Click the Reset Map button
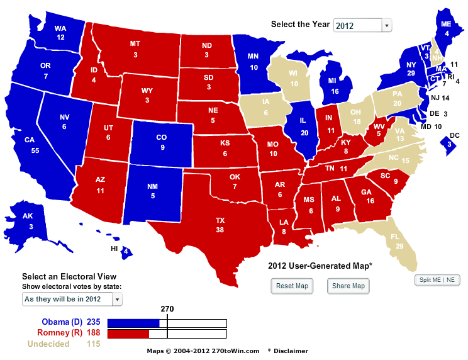click(292, 286)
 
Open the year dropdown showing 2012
click(362, 25)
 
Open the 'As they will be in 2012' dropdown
click(72, 299)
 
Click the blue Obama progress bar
click(133, 323)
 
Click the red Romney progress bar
click(128, 334)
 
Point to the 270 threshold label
click(167, 309)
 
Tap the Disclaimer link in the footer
click(291, 351)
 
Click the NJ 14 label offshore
click(440, 98)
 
